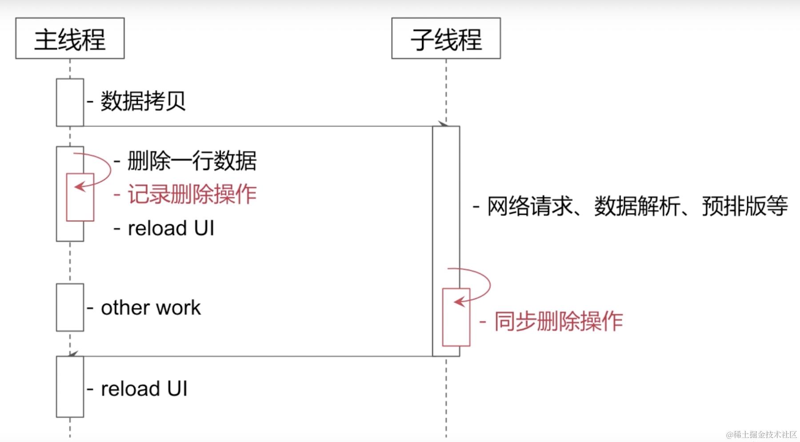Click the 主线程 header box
tap(70, 39)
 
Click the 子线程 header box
tap(446, 39)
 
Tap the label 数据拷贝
tap(143, 101)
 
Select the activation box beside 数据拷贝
tap(70, 103)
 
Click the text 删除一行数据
tap(192, 161)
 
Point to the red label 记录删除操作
tap(192, 194)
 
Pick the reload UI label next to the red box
tap(171, 229)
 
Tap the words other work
tap(151, 308)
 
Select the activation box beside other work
tap(70, 308)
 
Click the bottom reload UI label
tap(144, 389)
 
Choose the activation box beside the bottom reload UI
tap(70, 387)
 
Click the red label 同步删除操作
tap(558, 321)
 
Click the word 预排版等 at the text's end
tap(745, 206)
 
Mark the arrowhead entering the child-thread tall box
tap(443, 123)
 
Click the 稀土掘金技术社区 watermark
tap(761, 434)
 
